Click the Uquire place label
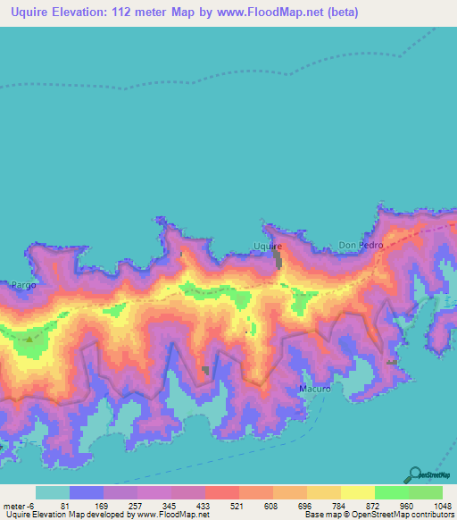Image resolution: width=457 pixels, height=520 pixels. pyautogui.click(x=268, y=245)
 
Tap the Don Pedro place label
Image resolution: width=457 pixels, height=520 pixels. pyautogui.click(x=360, y=245)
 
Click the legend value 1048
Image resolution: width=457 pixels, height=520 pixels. pyautogui.click(x=432, y=505)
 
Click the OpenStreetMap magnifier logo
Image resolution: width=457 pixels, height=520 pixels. pyautogui.click(x=415, y=474)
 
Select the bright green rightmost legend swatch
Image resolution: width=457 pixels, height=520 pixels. pyautogui.click(x=425, y=492)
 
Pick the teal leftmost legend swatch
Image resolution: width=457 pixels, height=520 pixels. pyautogui.click(x=53, y=492)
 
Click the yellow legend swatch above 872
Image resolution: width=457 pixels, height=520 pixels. pyautogui.click(x=357, y=492)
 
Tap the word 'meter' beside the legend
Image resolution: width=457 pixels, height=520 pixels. pyautogui.click(x=14, y=505)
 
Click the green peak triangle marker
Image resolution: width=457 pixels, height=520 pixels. pyautogui.click(x=29, y=339)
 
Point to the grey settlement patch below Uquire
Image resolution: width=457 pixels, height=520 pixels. pyautogui.click(x=278, y=260)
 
